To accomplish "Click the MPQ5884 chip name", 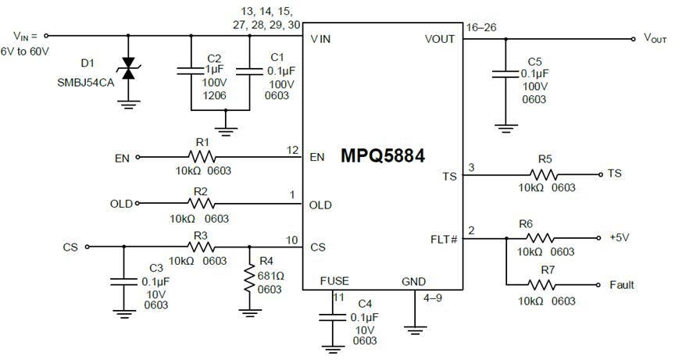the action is [382, 155].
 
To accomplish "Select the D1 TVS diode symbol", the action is [128, 69].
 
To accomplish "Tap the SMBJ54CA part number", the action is [86, 83].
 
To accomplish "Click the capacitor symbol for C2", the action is [191, 70].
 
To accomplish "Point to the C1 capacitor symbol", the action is [250, 71].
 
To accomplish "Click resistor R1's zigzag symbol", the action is [202, 156].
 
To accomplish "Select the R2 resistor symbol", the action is [201, 203].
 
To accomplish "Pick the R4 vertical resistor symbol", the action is [250, 280].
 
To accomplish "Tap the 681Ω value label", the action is [271, 276].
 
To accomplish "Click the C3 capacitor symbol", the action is [124, 282].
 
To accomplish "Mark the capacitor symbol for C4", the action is [332, 317].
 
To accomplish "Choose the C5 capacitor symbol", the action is [505, 74].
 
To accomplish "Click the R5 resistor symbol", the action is [544, 175].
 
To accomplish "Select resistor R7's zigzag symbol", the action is [541, 284].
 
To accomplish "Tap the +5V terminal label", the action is [620, 237].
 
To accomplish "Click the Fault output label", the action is [622, 285].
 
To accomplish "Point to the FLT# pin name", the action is [444, 239].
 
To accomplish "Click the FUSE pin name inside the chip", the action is [334, 281].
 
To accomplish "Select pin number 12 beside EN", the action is [292, 150].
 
